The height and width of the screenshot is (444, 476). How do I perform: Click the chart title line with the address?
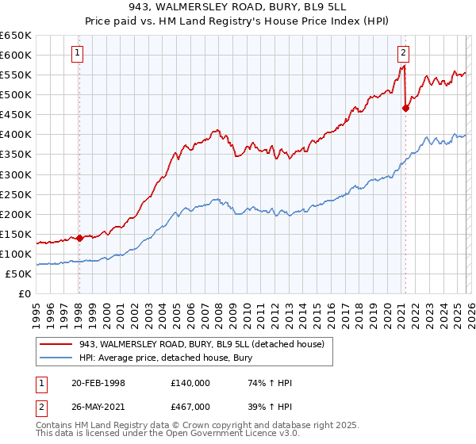238,8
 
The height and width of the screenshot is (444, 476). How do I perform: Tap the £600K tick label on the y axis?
16,55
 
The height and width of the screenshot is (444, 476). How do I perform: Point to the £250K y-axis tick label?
16,194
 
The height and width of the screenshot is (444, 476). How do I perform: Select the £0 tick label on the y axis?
24,293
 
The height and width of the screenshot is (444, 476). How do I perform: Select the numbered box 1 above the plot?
78,53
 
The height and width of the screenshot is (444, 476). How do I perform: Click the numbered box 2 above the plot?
403,53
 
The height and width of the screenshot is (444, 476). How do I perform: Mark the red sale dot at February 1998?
79,237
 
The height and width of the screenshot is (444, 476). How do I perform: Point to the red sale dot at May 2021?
405,108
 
